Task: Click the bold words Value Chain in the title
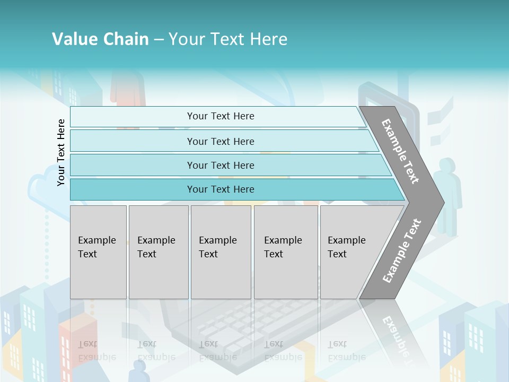point(100,39)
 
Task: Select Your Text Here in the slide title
point(228,39)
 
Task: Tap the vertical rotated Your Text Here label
point(61,152)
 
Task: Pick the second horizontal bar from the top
point(220,141)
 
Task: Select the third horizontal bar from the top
point(220,165)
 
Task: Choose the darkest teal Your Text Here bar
point(220,189)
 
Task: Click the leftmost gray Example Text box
point(98,252)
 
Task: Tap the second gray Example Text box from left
point(158,252)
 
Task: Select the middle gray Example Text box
point(221,252)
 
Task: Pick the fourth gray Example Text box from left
point(285,252)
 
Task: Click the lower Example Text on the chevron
point(402,250)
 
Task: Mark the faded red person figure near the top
point(127,88)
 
